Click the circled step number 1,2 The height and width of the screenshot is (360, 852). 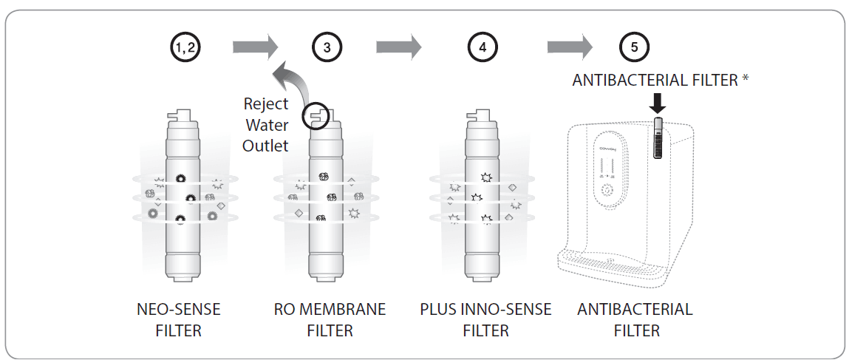click(x=185, y=47)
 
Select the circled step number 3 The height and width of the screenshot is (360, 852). click(x=328, y=47)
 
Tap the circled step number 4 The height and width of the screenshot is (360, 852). click(x=483, y=47)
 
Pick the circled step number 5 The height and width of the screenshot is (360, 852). click(x=634, y=47)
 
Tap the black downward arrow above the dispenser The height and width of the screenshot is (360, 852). click(x=658, y=103)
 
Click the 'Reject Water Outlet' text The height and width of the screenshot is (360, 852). click(x=266, y=125)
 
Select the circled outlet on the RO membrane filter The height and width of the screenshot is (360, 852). click(x=318, y=116)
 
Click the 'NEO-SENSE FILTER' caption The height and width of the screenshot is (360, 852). click(x=178, y=319)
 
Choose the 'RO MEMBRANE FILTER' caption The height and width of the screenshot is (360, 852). click(x=330, y=319)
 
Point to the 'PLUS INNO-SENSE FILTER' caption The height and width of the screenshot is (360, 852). click(x=485, y=319)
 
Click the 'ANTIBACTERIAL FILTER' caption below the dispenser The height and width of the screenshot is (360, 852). click(x=635, y=319)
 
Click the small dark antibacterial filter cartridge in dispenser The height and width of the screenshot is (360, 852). click(x=658, y=140)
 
